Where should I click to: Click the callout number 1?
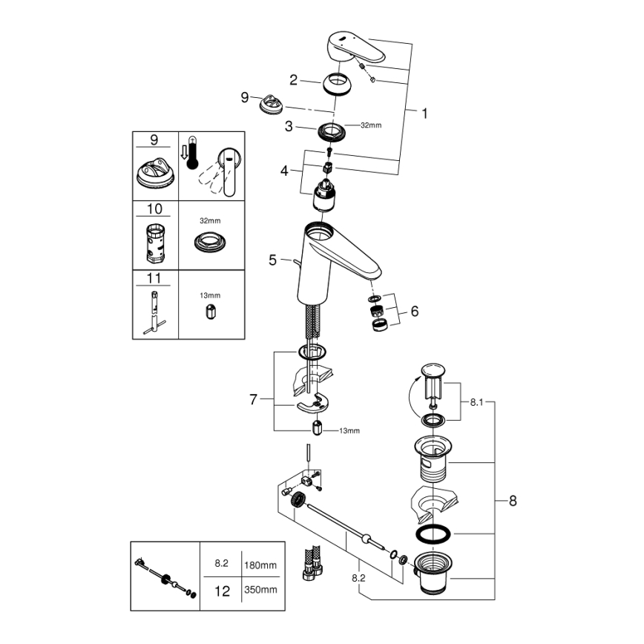(424, 114)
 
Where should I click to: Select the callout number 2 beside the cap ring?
(295, 79)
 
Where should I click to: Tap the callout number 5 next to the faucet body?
(272, 260)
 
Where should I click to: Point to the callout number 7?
(253, 400)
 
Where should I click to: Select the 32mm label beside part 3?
(370, 125)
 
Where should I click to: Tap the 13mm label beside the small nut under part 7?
(349, 430)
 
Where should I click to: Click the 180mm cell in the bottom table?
(260, 565)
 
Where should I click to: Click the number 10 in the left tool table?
(154, 210)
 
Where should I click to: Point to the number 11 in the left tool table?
(154, 278)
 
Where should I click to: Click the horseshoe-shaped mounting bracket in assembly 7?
(314, 405)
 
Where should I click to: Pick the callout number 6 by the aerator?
(414, 312)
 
